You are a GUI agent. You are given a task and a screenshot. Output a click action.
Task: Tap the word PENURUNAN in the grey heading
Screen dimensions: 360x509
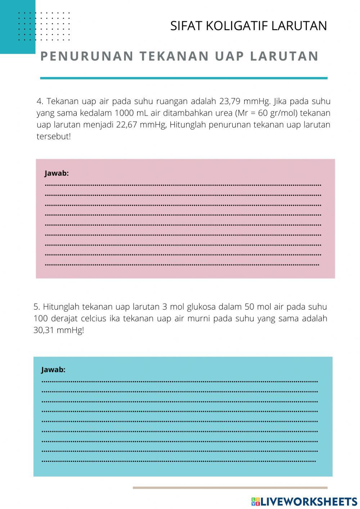pos(87,56)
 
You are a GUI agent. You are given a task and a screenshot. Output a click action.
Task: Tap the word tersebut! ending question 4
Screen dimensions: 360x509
pos(54,137)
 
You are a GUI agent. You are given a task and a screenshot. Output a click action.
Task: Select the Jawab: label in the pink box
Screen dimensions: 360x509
pos(57,173)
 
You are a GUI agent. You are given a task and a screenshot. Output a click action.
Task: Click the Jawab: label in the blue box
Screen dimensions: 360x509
pos(53,370)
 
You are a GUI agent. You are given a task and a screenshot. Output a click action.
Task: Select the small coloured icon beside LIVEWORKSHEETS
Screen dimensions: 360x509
pos(256,501)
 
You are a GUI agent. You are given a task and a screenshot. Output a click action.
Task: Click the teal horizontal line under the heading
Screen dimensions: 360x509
pos(184,78)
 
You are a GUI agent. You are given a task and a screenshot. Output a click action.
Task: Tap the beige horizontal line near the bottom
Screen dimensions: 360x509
pos(230,488)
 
